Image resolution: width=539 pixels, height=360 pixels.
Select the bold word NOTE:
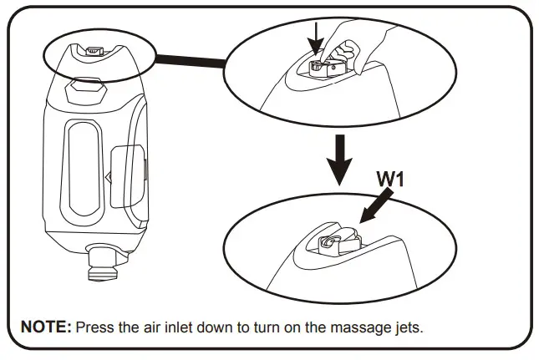coord(45,327)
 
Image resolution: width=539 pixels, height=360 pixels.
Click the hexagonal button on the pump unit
coord(86,86)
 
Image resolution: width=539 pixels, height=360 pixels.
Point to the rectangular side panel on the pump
coord(128,175)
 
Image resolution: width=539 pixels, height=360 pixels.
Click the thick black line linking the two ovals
coord(190,61)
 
